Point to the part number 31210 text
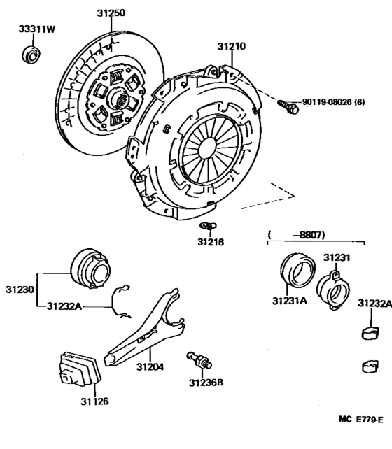point(232,48)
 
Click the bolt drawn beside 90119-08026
point(286,106)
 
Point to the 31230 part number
point(20,289)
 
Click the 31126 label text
point(94,401)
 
